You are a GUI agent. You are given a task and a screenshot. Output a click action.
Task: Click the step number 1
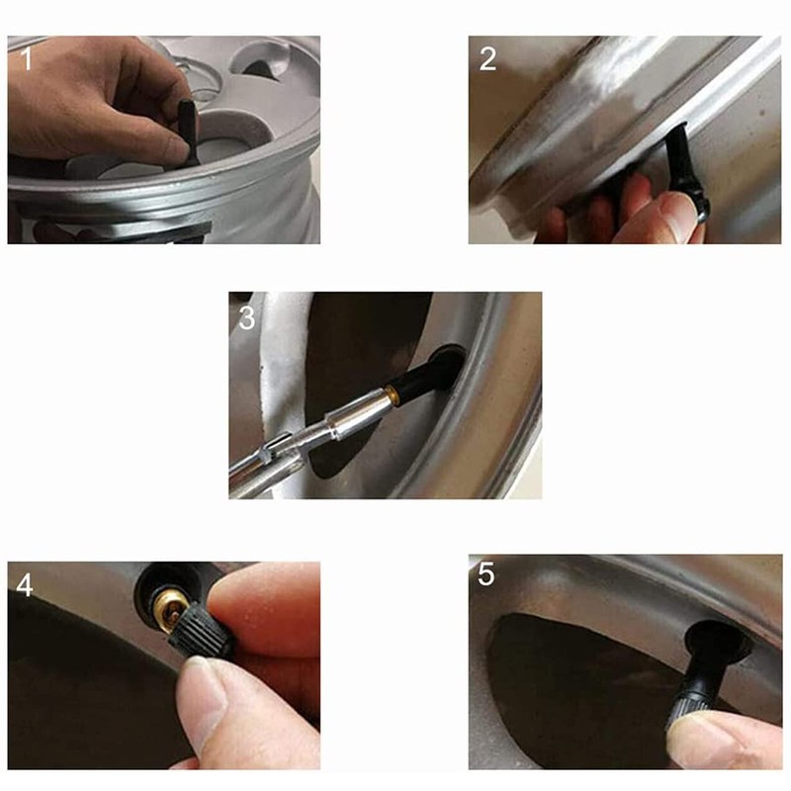27,58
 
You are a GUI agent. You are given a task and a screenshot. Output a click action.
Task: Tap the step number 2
487,58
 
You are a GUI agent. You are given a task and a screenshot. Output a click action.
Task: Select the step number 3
246,318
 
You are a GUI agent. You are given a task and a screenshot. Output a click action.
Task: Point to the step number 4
25,585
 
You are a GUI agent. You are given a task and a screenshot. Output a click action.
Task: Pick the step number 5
485,574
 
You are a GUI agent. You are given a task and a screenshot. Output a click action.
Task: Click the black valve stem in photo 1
189,131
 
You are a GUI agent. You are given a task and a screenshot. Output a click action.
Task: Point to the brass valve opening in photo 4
170,604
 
